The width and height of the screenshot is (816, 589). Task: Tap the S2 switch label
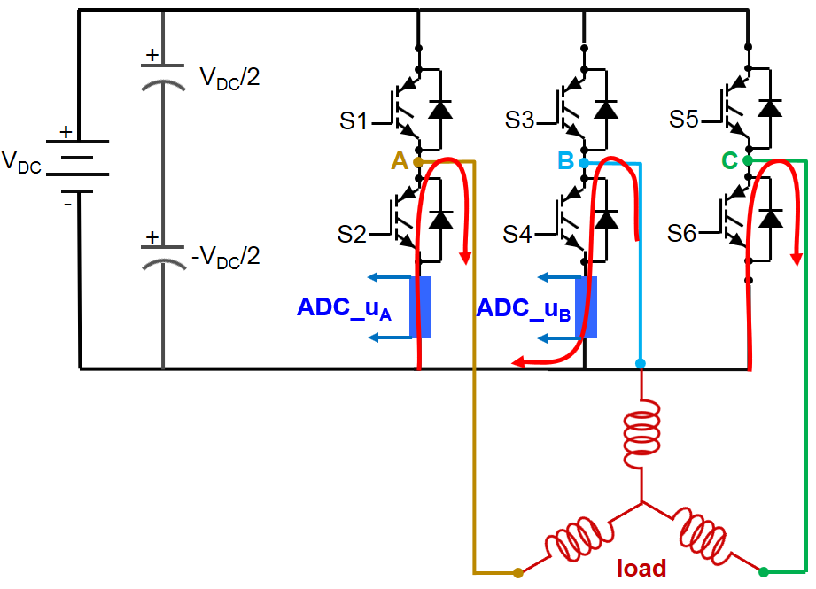click(353, 235)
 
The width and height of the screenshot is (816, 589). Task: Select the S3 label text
click(520, 120)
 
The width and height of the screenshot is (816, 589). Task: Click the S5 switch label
click(684, 120)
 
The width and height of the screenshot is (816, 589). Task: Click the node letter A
click(400, 161)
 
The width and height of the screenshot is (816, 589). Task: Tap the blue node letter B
click(565, 161)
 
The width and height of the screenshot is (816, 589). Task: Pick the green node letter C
click(729, 161)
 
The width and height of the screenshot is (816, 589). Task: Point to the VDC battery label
click(21, 162)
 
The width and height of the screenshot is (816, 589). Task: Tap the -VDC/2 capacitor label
click(225, 258)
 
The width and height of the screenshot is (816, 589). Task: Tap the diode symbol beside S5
click(771, 108)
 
